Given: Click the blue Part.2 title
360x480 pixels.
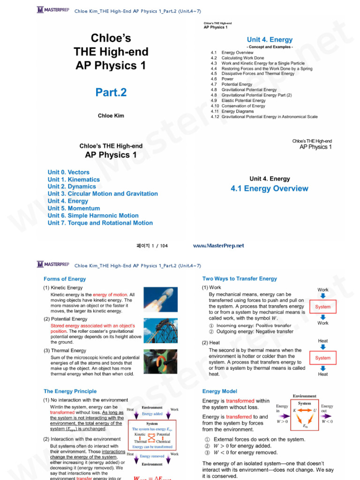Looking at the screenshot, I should [x=111, y=92].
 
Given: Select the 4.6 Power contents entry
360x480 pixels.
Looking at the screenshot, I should [x=227, y=79].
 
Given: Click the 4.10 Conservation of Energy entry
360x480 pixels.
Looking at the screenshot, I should [x=243, y=106].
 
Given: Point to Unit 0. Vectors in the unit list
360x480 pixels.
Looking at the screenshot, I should [x=68, y=172].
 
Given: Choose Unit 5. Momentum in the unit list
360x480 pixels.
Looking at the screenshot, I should [x=74, y=208].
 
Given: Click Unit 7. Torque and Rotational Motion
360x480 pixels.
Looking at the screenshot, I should [x=100, y=223].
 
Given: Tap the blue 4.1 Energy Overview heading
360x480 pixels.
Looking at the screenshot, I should [x=269, y=188].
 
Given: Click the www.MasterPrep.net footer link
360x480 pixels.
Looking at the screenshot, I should [x=218, y=246].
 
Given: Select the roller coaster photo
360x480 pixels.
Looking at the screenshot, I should [x=160, y=330].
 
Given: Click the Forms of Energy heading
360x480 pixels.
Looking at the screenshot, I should [x=65, y=279].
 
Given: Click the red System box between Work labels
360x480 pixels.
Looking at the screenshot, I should [x=322, y=307].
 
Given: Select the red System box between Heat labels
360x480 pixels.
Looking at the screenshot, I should [x=322, y=358].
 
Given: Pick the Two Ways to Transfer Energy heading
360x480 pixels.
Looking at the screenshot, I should [x=240, y=278].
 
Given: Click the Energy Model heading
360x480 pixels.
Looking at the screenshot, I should [x=220, y=391].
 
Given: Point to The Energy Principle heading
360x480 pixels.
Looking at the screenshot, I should [x=70, y=391].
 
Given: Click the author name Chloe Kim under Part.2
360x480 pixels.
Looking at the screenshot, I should [x=111, y=116].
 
